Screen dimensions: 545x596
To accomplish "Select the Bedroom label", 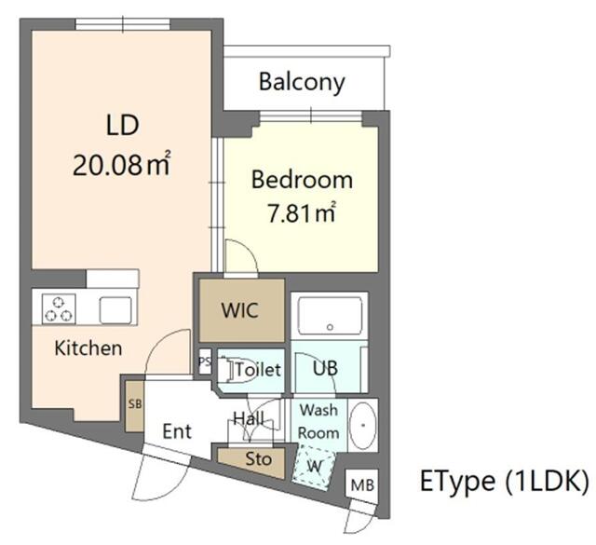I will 302,180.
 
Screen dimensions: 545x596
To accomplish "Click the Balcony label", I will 302,82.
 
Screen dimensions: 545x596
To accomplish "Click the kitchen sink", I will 117,308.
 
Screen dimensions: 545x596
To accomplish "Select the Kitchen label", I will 88,348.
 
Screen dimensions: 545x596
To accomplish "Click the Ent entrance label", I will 177,431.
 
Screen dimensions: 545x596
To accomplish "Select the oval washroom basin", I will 360,423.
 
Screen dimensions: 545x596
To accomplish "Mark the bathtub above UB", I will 329,318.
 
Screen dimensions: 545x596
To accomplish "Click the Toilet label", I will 257,370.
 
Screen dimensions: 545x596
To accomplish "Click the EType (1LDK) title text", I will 504,482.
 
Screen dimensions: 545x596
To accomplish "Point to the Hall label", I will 248,418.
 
